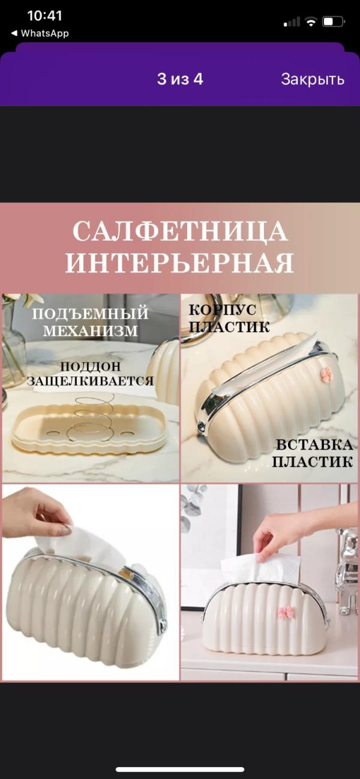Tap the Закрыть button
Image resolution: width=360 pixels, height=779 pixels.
313,79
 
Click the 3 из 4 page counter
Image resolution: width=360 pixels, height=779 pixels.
180,79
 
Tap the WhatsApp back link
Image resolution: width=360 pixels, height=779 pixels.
40,34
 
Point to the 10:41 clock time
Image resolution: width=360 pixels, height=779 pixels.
44,16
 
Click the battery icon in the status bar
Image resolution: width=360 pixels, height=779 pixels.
333,22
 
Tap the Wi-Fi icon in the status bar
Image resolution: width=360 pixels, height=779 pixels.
311,22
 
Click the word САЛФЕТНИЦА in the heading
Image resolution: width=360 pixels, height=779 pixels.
180,231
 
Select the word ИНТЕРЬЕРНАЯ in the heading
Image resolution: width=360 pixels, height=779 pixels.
180,262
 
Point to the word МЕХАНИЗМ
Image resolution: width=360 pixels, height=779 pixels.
91,330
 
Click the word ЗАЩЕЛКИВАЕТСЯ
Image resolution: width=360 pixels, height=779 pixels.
90,381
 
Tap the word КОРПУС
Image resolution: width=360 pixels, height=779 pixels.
223,310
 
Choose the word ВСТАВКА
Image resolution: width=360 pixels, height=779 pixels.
314,445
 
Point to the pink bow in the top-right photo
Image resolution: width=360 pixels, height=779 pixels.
325,374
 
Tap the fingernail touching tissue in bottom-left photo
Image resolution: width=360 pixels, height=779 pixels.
67,529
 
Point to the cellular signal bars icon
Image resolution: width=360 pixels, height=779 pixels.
292,22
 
